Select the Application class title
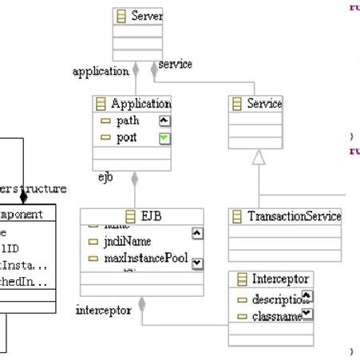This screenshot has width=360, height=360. (x=140, y=104)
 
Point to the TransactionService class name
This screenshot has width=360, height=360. (x=293, y=216)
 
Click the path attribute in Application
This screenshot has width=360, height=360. (x=127, y=121)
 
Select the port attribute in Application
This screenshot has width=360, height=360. (x=126, y=137)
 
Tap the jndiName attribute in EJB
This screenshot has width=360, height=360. (x=127, y=241)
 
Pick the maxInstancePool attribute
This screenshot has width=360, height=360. (x=144, y=258)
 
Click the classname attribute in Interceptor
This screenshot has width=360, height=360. (x=275, y=317)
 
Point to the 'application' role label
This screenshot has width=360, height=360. (x=100, y=71)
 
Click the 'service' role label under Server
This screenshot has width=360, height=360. (x=175, y=63)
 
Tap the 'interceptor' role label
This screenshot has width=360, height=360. (x=104, y=310)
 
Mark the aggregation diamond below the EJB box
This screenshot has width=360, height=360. (x=142, y=303)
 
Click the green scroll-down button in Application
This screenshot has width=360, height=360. (x=165, y=138)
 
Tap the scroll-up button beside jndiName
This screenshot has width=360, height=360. (x=197, y=233)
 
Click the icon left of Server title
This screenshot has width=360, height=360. (x=121, y=16)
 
